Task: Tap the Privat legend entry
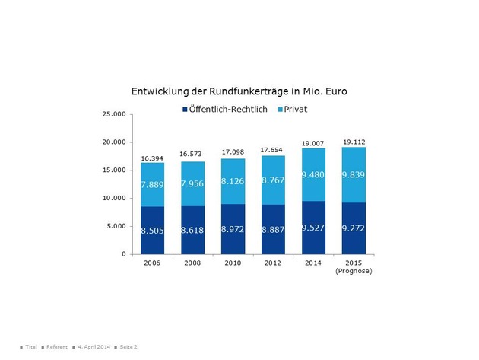(x=300, y=110)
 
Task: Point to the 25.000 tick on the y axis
(x=115, y=114)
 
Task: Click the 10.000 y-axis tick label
(x=115, y=198)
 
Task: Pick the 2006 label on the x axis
(x=153, y=263)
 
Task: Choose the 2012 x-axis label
(x=273, y=263)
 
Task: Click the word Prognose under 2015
(x=354, y=271)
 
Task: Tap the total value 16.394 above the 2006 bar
(x=153, y=158)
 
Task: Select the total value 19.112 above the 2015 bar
(x=354, y=142)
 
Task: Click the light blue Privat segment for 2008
(x=193, y=183)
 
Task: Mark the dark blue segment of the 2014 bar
(x=313, y=227)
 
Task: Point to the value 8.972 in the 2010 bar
(x=233, y=229)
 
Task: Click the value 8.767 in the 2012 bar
(x=273, y=180)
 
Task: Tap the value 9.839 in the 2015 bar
(x=354, y=175)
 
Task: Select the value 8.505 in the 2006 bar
(x=153, y=229)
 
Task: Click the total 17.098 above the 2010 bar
(x=233, y=152)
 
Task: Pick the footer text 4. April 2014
(x=93, y=346)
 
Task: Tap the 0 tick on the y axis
(x=123, y=254)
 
